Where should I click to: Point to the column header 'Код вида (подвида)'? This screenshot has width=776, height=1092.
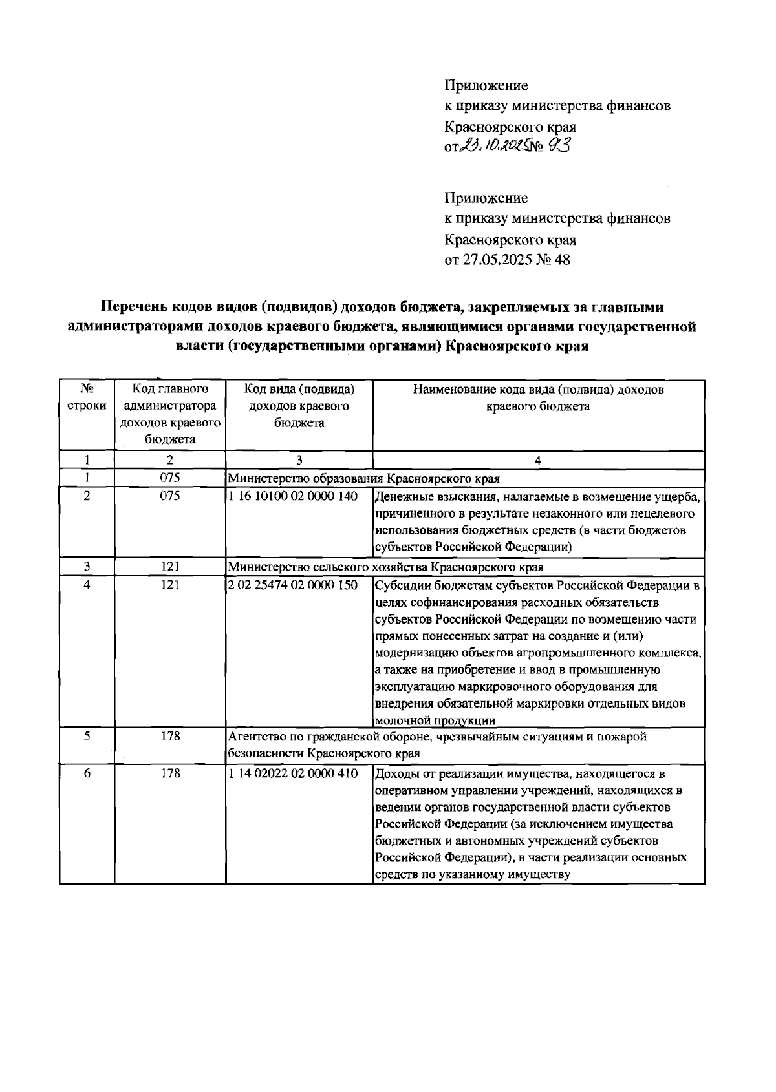299,390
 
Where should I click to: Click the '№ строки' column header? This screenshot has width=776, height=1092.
87,398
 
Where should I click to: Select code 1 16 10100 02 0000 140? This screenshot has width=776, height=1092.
294,496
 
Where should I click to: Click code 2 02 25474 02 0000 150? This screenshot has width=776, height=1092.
294,585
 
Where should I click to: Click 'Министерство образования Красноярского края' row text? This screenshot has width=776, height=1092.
363,479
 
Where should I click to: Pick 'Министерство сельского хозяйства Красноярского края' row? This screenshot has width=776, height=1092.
385,567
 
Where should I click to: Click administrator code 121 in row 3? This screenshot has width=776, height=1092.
170,567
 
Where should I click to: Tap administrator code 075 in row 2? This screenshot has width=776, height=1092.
170,496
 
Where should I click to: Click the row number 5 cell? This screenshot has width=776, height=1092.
87,737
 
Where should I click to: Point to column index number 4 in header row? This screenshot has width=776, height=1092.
537,461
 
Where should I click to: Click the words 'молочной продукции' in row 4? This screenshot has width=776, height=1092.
435,720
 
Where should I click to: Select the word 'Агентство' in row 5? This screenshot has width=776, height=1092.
253,737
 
